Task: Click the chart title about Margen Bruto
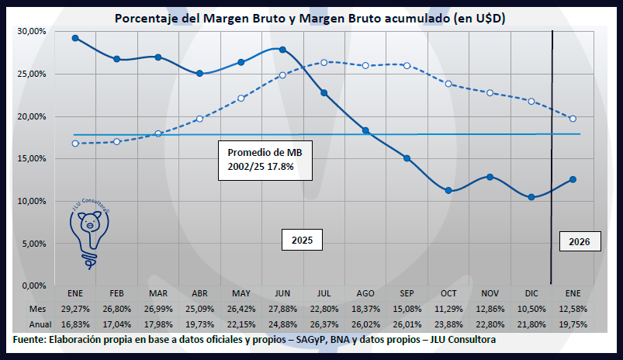click(x=310, y=18)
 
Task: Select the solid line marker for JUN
click(x=282, y=50)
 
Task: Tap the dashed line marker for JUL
click(x=324, y=62)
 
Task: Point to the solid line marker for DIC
click(x=531, y=197)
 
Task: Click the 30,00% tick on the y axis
click(x=33, y=32)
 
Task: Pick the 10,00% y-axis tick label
click(x=33, y=202)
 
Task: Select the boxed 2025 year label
click(x=301, y=241)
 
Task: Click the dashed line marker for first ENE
click(x=75, y=143)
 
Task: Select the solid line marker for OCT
click(x=448, y=190)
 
